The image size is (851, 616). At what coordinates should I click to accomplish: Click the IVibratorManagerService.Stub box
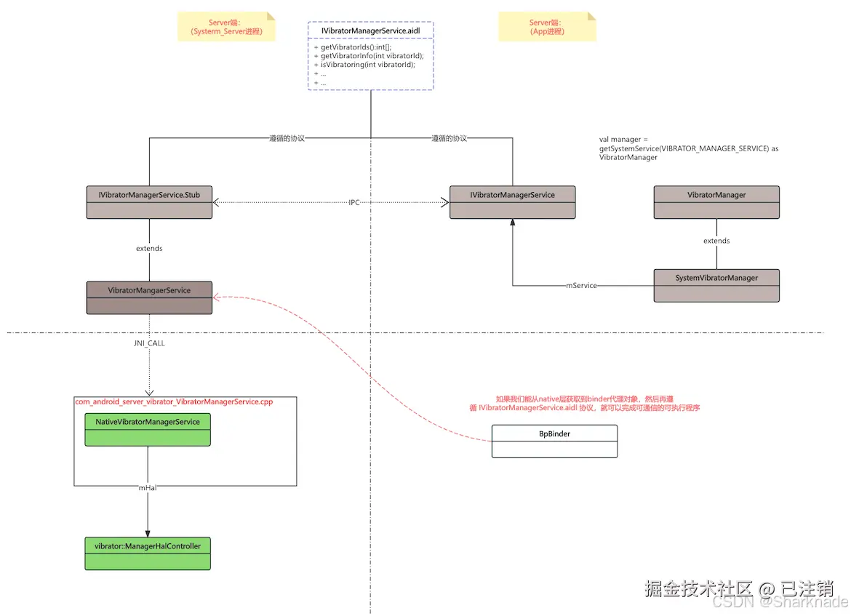(149, 202)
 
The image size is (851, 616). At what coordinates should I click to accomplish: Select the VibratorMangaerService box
(149, 297)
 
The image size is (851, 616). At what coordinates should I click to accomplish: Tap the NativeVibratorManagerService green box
(148, 429)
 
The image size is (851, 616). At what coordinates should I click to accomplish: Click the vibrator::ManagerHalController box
(148, 553)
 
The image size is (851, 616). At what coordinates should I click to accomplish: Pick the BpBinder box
(554, 441)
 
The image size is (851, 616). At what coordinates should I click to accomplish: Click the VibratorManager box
(716, 202)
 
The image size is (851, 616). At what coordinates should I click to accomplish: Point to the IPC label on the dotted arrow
(354, 202)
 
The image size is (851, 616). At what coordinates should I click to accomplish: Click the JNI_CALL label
(149, 343)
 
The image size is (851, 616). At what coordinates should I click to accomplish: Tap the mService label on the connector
(581, 286)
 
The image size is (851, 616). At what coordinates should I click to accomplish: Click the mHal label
(148, 488)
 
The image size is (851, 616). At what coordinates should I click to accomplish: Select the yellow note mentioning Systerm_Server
(226, 27)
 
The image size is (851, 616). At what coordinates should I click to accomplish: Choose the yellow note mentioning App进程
(547, 27)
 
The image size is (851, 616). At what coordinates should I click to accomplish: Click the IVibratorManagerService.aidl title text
(370, 31)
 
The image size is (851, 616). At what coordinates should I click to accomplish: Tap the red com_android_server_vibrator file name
(174, 401)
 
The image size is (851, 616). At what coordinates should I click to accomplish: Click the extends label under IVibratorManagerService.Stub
(149, 249)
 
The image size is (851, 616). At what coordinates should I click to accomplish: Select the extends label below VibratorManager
(716, 241)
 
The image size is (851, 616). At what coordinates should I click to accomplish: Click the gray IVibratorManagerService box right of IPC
(512, 202)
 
